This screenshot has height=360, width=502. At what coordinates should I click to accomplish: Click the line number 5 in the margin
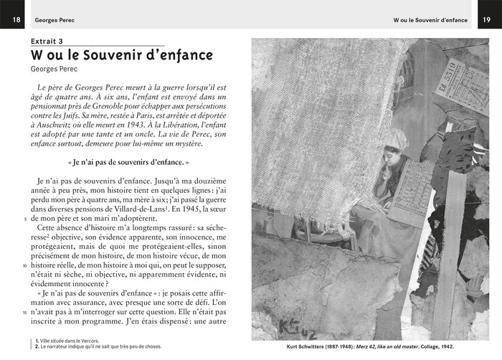[26, 219]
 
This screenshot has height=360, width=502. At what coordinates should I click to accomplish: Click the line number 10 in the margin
[25, 265]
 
